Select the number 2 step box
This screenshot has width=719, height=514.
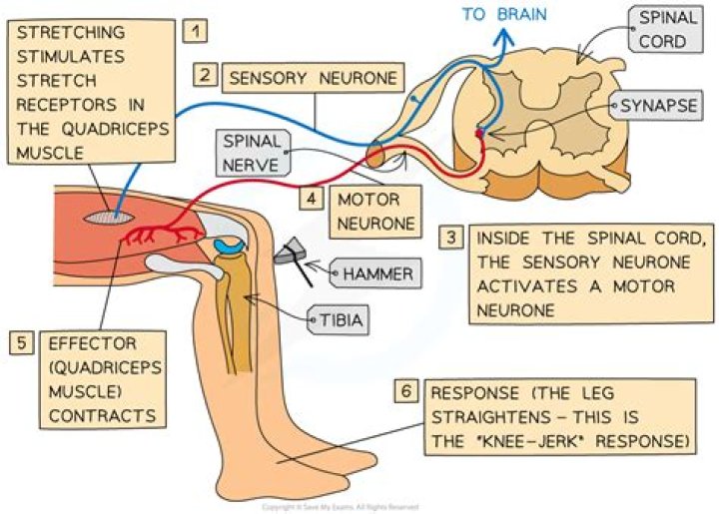[206, 75]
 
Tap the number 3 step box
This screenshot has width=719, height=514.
[452, 239]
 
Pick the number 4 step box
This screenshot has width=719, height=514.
[313, 198]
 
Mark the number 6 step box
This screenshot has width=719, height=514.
[405, 390]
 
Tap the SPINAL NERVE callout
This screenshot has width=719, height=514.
[252, 151]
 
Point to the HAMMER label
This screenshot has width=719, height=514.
[376, 270]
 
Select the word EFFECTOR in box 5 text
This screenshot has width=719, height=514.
[84, 343]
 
